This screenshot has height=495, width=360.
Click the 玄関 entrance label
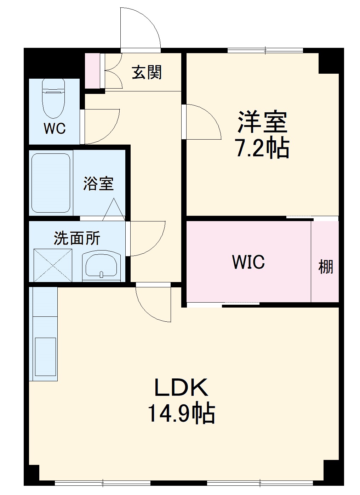point(147,72)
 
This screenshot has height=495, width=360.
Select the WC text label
point(55,128)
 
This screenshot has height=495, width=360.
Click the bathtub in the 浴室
point(50,183)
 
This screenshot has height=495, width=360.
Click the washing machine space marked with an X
point(53,265)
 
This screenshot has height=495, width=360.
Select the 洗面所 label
point(77,238)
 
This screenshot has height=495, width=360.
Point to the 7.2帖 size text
point(262,148)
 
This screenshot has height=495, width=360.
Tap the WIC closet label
point(248,262)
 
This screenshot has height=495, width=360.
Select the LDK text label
point(181,388)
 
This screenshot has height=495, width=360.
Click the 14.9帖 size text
point(181,413)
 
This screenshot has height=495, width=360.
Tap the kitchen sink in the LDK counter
point(46,356)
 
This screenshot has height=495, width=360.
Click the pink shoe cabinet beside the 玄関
point(93,71)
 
